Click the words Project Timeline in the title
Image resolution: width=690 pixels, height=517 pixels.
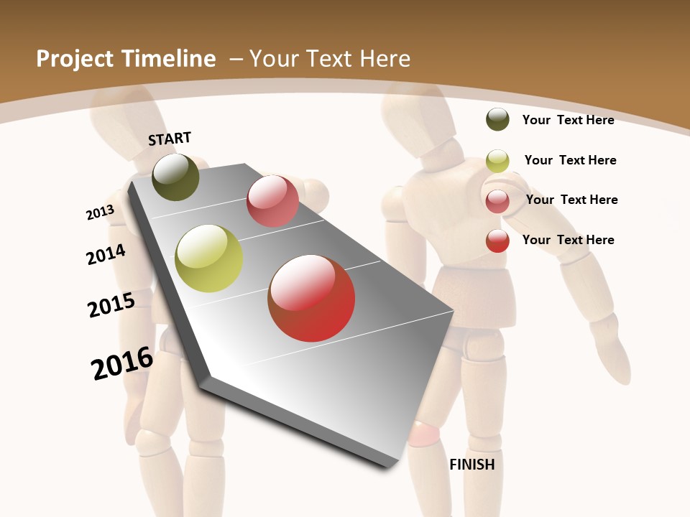(126, 59)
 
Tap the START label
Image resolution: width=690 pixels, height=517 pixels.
(170, 138)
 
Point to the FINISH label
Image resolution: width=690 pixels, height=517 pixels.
(472, 465)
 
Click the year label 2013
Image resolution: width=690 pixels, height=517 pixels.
(100, 213)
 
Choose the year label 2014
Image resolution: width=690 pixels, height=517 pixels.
(106, 254)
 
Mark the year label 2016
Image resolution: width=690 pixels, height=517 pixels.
(122, 363)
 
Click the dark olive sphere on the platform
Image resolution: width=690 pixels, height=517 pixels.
(176, 177)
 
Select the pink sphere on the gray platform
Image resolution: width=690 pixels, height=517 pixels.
(272, 201)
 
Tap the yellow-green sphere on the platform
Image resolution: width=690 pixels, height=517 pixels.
(209, 258)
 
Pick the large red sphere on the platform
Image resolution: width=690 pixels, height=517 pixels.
(311, 298)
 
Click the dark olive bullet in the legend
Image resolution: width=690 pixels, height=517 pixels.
(497, 119)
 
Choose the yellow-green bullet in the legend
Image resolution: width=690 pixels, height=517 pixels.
(497, 161)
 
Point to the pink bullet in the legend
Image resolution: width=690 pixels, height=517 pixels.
(497, 201)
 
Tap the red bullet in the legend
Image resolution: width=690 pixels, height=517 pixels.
(497, 241)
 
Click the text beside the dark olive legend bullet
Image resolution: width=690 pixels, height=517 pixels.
(568, 120)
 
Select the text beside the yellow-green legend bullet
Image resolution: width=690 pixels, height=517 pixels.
(570, 160)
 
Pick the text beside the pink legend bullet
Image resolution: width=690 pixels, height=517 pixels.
(571, 200)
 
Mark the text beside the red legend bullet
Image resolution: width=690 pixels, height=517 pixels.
(568, 240)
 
